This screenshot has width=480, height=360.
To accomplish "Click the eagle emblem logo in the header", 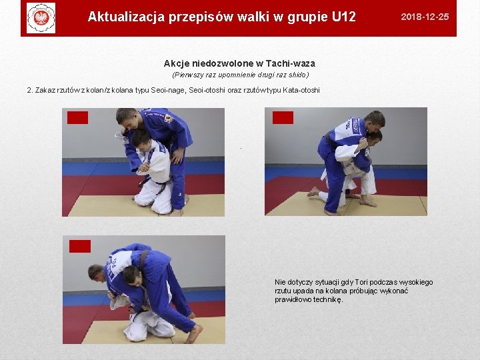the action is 41,18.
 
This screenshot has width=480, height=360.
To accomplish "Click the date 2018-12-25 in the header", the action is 425,17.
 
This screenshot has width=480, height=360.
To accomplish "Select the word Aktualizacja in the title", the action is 126,17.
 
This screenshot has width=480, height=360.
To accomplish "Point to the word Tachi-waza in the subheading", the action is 291,63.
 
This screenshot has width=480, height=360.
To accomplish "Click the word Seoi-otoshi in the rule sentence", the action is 207,90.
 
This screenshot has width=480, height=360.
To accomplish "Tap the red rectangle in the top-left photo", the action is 77,117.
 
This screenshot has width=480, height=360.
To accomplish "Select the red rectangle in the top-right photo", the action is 283,117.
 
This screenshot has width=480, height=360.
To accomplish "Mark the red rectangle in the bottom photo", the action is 79,246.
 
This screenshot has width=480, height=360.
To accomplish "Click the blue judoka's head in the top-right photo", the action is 375,121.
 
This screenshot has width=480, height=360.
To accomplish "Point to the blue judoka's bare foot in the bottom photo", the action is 194,333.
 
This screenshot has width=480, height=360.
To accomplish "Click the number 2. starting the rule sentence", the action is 30,90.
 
